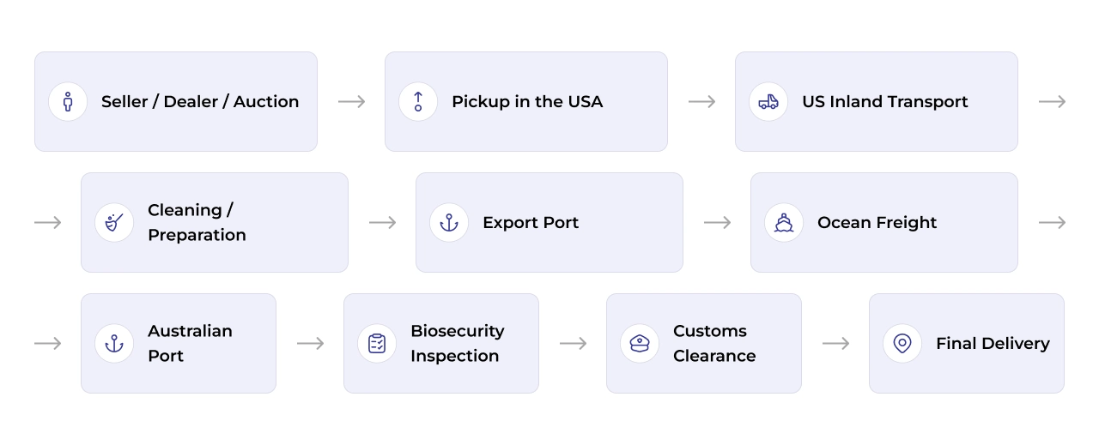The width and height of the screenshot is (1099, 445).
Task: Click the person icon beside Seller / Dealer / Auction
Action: [x=68, y=101]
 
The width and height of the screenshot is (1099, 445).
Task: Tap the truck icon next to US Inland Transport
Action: [x=768, y=102]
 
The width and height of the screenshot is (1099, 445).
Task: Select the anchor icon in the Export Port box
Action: [x=449, y=223]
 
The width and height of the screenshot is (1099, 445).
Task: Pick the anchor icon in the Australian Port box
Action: [x=114, y=343]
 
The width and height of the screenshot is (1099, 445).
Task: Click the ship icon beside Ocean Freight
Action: [x=784, y=223]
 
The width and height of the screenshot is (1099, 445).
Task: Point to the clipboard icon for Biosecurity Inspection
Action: [x=377, y=343]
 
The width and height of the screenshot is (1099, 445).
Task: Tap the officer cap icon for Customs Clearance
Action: [x=640, y=343]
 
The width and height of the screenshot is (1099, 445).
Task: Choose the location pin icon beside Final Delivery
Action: [x=902, y=343]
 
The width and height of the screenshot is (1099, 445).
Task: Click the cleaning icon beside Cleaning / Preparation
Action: [x=114, y=223]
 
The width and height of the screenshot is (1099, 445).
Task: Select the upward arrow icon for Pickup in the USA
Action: [x=418, y=101]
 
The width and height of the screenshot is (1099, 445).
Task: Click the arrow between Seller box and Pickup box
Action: [x=351, y=101]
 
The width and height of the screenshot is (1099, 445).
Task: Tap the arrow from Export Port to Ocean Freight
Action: [x=717, y=223]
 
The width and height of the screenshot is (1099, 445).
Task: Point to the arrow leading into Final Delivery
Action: [x=835, y=343]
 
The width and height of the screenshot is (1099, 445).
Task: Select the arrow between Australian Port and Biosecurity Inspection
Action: [x=310, y=343]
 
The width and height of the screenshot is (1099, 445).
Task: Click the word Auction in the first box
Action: [x=266, y=101]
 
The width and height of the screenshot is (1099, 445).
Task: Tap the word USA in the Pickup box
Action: [x=585, y=101]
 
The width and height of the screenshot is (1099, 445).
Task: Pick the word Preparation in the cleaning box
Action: [x=197, y=235]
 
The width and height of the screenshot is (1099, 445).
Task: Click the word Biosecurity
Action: [x=458, y=331]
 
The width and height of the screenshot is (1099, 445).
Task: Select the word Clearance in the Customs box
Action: [x=714, y=356]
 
